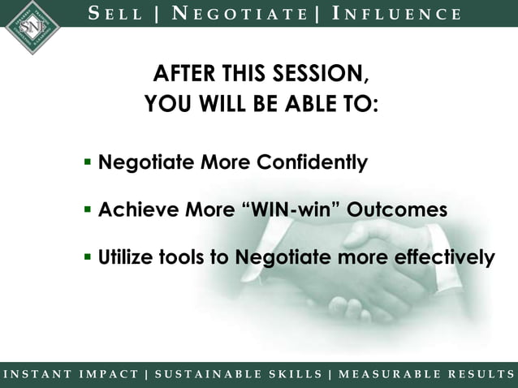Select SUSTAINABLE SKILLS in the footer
pos(236,374)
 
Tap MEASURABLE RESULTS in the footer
pos(424,374)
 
